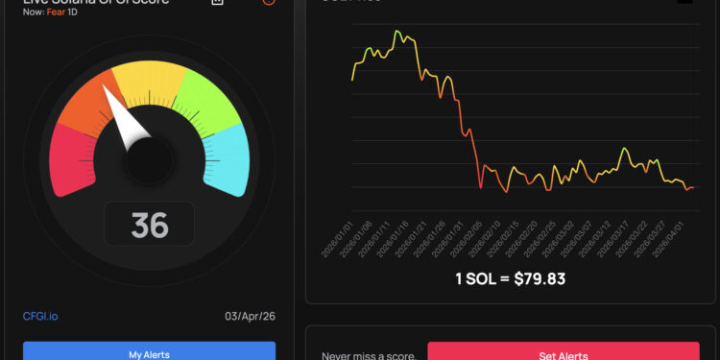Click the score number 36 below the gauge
[150, 225]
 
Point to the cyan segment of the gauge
[227, 159]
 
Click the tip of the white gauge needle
[106, 92]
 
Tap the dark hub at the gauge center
[148, 155]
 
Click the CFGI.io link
[40, 316]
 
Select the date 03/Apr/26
[251, 316]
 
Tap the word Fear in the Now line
[56, 12]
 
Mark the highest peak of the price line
[396, 31]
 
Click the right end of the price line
[693, 187]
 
